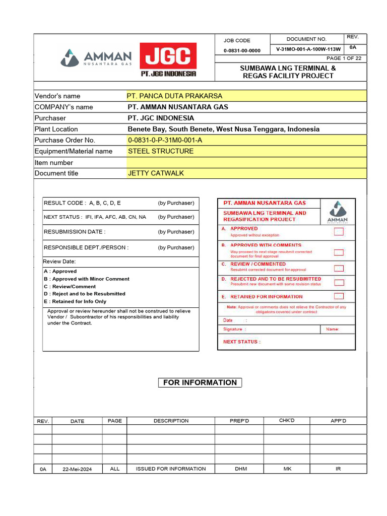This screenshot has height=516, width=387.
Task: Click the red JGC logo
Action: coord(168,59)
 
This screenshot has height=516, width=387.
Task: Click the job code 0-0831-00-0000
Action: coord(242,50)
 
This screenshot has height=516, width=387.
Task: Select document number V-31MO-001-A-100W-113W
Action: coord(308,49)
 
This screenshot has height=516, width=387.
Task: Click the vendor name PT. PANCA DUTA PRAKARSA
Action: coord(174,96)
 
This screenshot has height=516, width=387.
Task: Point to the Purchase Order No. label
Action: coord(64,140)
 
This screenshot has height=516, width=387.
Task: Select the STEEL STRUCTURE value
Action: coord(161,151)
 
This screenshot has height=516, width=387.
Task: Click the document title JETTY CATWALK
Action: coord(156,173)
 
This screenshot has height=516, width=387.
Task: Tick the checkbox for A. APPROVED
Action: coord(339,232)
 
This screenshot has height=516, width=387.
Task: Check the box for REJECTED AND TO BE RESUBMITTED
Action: coord(339,283)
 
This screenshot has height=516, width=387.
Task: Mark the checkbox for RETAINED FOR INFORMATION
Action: coord(339,296)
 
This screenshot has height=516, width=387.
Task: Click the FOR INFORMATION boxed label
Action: coord(200,382)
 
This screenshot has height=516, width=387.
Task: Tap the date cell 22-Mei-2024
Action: coord(77,469)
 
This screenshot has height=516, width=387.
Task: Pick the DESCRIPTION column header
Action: coord(171,421)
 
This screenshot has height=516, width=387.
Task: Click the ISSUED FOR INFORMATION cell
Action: coord(171,469)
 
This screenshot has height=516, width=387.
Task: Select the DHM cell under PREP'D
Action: coord(241,469)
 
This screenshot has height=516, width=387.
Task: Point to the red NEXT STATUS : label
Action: coord(242,342)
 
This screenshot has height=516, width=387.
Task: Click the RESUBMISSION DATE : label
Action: coord(75,232)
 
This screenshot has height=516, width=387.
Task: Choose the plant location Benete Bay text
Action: coord(223,129)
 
